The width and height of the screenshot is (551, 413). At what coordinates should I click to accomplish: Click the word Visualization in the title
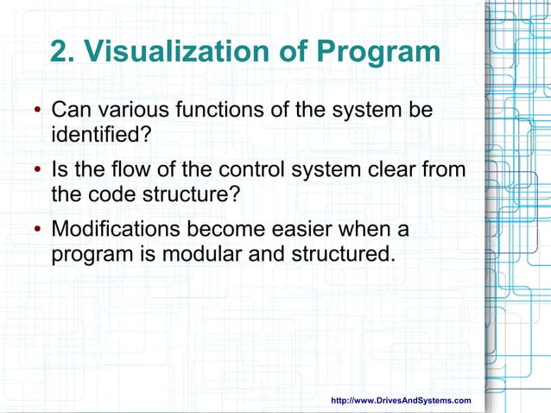177,52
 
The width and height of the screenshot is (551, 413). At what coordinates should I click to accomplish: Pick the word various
124,111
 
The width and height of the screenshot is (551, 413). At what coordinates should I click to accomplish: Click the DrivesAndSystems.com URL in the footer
402,400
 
